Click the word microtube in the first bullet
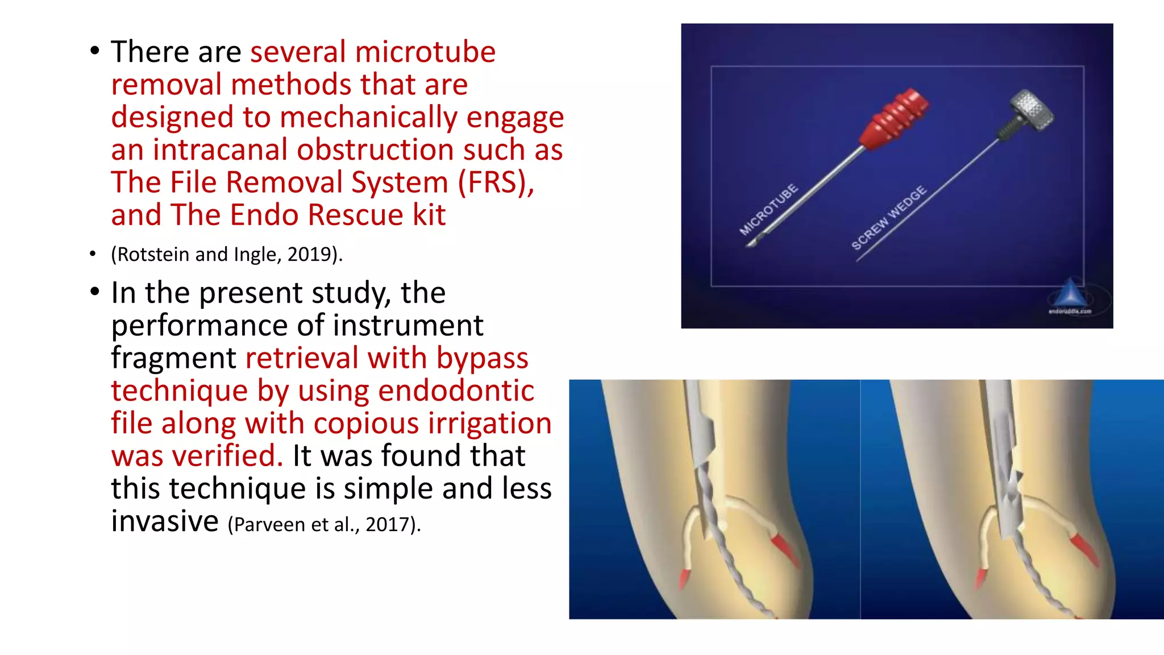tap(425, 52)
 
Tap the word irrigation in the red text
tap(489, 424)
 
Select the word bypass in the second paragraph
tap(482, 359)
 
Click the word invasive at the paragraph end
tap(165, 521)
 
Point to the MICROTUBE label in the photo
tap(768, 209)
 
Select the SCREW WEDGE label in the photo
tap(888, 217)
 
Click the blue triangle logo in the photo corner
tap(1070, 292)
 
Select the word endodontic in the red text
tap(456, 391)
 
